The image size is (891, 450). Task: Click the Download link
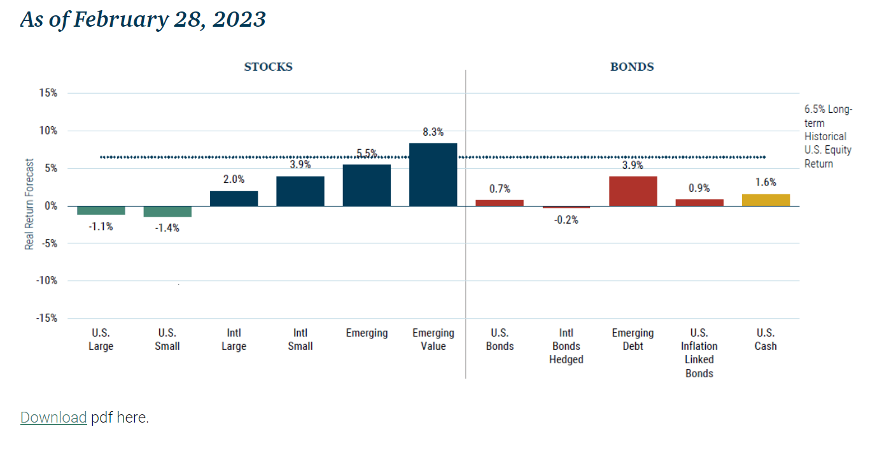coord(53,417)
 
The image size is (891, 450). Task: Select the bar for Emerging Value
coord(433,174)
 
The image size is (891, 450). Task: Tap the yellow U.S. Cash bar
coord(766,200)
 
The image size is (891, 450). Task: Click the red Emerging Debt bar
coord(633,191)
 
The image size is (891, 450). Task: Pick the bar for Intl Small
coord(300,191)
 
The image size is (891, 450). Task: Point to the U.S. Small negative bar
coord(167,212)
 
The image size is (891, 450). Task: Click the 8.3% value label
coord(433,133)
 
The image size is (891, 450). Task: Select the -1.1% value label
coord(101,226)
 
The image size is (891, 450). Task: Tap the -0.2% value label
coord(566,220)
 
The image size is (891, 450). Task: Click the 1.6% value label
coord(766,182)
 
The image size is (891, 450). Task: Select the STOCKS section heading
coord(268,67)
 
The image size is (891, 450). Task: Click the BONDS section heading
coord(632,67)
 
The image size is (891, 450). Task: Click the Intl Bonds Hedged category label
coord(566,346)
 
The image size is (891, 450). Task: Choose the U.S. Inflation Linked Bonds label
coord(699,352)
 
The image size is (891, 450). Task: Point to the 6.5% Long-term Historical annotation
coord(827,136)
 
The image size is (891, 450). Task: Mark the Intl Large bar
coord(234,198)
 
